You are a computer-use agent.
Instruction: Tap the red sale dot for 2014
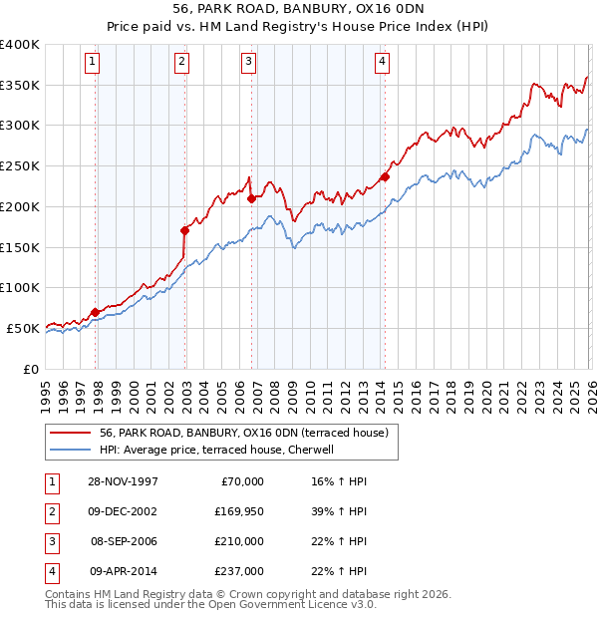[x=384, y=177]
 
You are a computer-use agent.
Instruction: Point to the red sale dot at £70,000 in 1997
[x=96, y=312]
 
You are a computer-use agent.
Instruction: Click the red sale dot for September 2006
[x=251, y=198]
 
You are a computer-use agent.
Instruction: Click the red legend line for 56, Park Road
[x=69, y=433]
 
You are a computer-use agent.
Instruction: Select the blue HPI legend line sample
[x=69, y=450]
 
